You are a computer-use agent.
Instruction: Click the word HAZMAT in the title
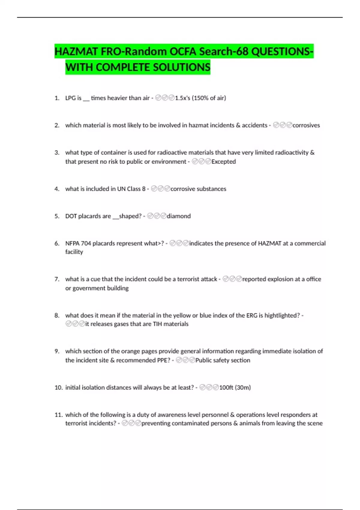pyautogui.click(x=76, y=52)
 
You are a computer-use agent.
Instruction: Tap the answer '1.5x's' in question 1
pyautogui.click(x=182, y=98)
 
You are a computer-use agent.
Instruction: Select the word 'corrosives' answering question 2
pyautogui.click(x=306, y=125)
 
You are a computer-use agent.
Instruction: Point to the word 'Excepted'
pyautogui.click(x=223, y=161)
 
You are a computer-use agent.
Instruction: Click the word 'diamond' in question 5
pyautogui.click(x=178, y=216)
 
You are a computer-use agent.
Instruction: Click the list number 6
pyautogui.click(x=57, y=243)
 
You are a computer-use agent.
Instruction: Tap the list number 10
pyautogui.click(x=58, y=387)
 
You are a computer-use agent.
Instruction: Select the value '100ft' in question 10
pyautogui.click(x=226, y=387)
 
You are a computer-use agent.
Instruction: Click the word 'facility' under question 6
pyautogui.click(x=74, y=252)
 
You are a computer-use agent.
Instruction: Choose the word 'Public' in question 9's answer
pyautogui.click(x=203, y=360)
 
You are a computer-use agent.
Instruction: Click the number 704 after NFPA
pyautogui.click(x=86, y=243)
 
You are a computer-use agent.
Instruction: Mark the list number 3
pyautogui.click(x=57, y=152)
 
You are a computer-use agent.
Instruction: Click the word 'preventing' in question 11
pyautogui.click(x=156, y=423)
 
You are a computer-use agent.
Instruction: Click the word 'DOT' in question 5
pyautogui.click(x=71, y=216)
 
